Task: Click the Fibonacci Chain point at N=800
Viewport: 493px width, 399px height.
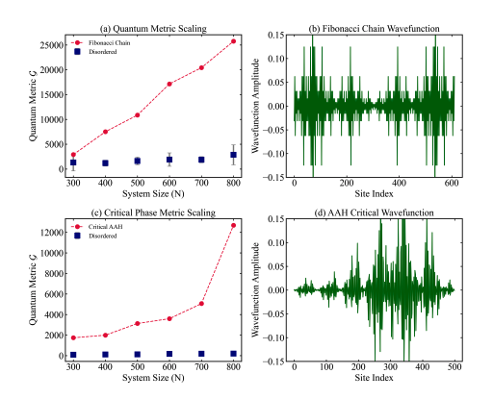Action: click(x=233, y=41)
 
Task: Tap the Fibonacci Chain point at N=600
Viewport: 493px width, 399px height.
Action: click(x=169, y=84)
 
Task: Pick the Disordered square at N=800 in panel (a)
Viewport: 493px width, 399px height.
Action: click(x=233, y=155)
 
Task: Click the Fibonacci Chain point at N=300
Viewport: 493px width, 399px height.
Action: click(x=73, y=154)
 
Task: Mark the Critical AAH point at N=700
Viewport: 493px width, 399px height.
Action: click(x=201, y=303)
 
